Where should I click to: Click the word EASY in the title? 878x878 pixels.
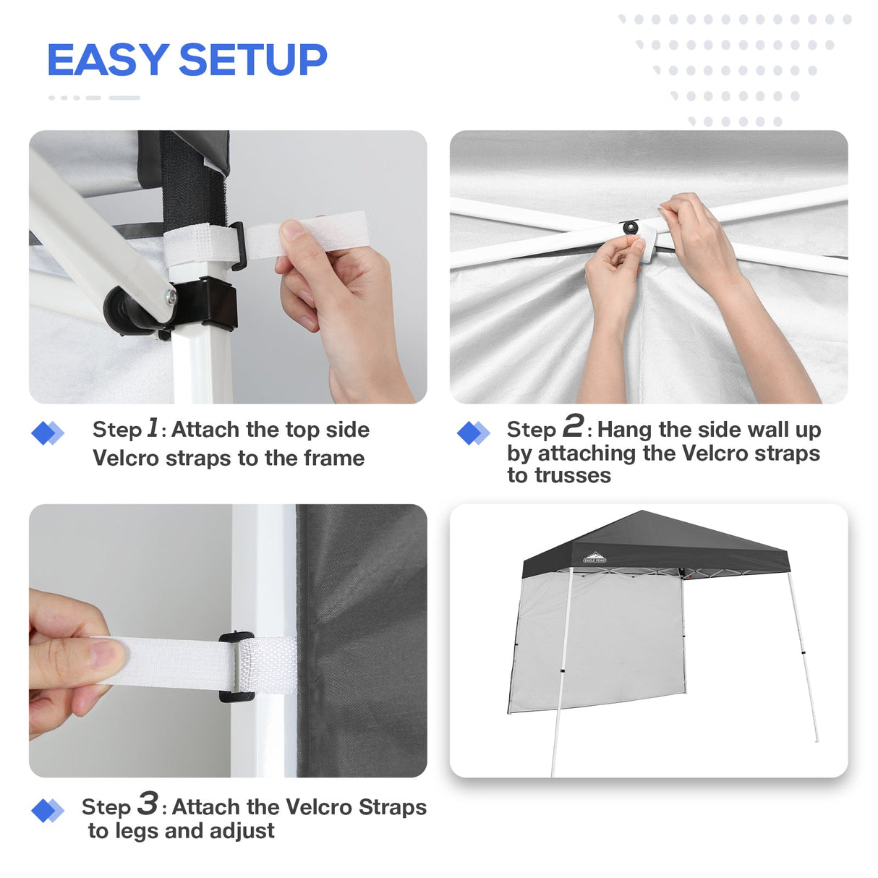(108, 59)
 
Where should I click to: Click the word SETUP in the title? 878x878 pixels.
(252, 59)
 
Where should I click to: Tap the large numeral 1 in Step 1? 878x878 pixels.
(153, 427)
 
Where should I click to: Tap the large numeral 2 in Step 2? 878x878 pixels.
(573, 426)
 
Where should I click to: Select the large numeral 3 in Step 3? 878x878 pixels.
(148, 803)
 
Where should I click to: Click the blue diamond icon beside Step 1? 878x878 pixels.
(47, 433)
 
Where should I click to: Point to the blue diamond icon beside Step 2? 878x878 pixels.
(473, 433)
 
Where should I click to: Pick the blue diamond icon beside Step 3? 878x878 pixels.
(47, 810)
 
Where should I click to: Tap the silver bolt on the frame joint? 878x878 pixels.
(170, 296)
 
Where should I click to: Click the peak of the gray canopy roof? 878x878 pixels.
(641, 512)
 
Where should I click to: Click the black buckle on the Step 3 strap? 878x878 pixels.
(236, 666)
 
